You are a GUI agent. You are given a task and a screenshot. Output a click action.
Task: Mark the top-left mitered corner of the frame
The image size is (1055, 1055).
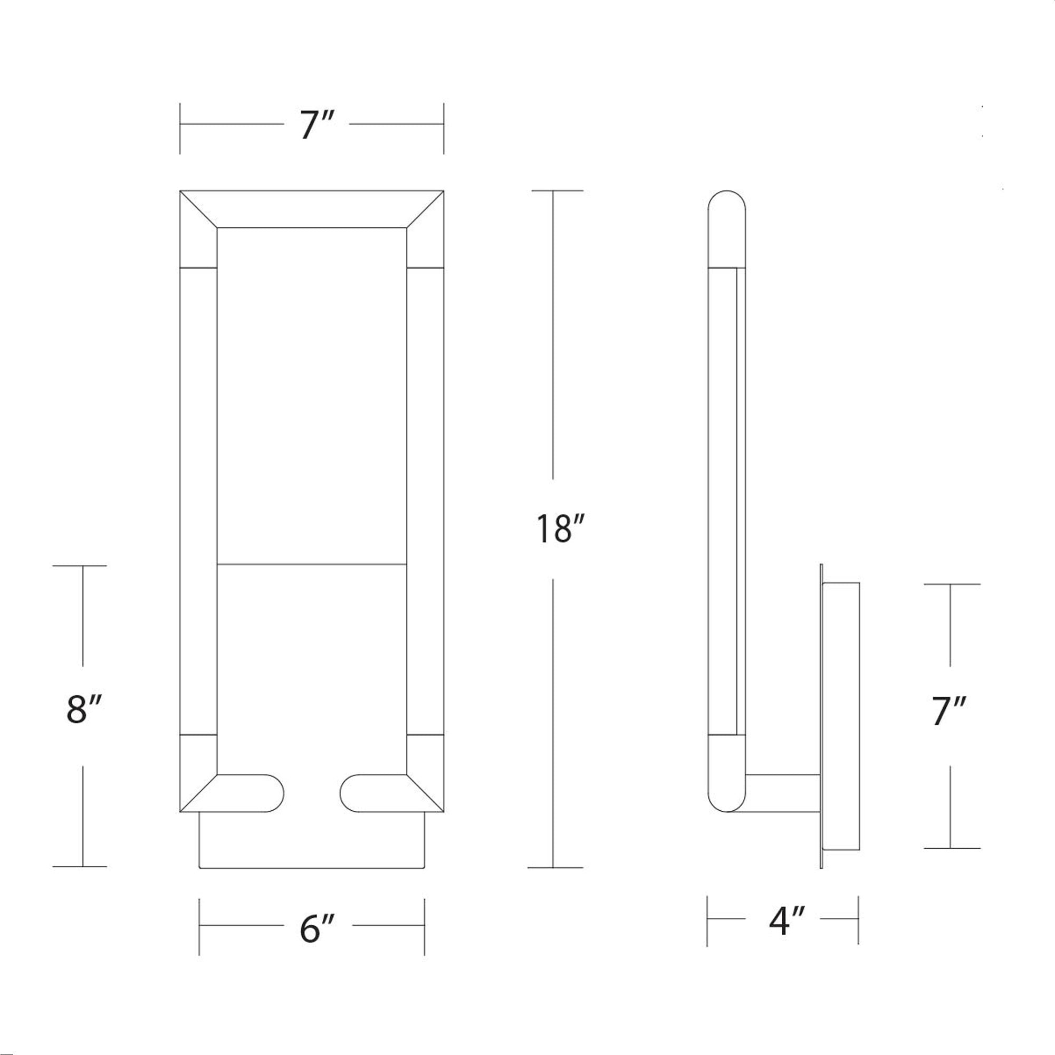point(198,209)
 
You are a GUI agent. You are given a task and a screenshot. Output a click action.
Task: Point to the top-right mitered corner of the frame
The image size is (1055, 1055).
point(425,209)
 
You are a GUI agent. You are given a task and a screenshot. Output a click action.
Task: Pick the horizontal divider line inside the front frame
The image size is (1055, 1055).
point(312,563)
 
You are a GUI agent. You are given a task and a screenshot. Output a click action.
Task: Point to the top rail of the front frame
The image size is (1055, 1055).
point(312,208)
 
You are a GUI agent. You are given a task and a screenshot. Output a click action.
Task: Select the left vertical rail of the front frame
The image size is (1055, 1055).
point(198,502)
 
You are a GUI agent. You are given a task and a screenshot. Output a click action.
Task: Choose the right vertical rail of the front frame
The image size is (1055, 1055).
point(425,502)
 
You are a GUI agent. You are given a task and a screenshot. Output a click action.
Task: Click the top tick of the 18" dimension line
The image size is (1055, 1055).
point(557,190)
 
